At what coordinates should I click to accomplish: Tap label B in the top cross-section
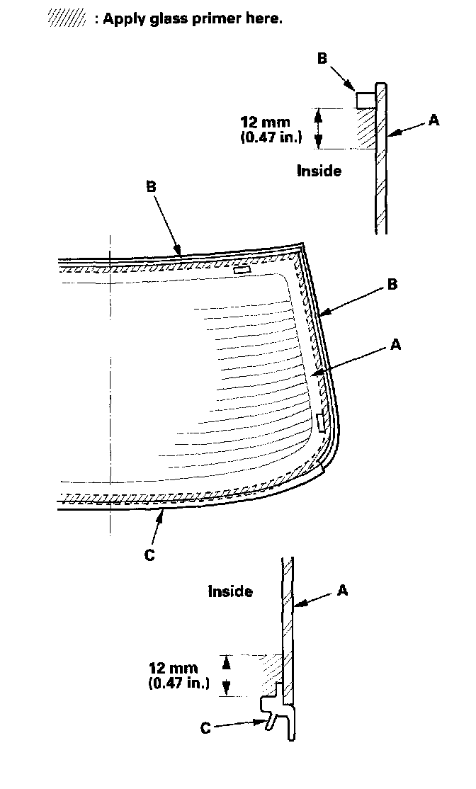[322, 58]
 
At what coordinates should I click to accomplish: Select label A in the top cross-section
[433, 120]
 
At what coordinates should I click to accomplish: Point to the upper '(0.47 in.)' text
[271, 137]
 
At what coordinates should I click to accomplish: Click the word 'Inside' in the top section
[319, 171]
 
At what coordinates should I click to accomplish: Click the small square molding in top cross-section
[364, 98]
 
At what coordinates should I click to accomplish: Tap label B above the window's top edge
[150, 187]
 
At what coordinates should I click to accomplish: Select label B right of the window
[392, 285]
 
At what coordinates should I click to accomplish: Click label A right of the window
[396, 345]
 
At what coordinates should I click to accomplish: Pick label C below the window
[149, 555]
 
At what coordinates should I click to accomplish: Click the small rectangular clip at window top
[242, 270]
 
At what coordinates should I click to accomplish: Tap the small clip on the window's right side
[321, 422]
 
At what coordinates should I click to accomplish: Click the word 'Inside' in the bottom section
[230, 591]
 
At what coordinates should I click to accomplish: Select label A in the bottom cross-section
[342, 589]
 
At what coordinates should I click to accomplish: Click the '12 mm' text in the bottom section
[174, 668]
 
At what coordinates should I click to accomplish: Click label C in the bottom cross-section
[205, 727]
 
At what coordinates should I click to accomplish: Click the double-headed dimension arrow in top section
[318, 128]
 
